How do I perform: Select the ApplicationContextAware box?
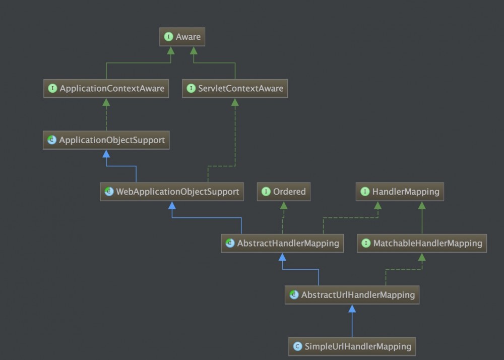tap(106, 89)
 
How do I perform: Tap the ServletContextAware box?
tap(235, 89)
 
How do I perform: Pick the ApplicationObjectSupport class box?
tap(106, 140)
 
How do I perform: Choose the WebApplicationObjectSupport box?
tap(172, 192)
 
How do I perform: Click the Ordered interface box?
tap(283, 192)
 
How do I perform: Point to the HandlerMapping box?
tap(401, 192)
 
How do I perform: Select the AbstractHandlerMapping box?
tap(283, 243)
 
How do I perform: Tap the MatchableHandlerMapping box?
tap(422, 243)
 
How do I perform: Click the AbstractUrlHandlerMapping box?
tap(352, 294)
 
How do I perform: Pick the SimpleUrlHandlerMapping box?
tap(352, 346)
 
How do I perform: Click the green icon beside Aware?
tap(169, 37)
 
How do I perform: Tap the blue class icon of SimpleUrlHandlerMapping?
tap(297, 346)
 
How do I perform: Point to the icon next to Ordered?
tap(266, 192)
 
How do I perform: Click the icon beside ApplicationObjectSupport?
tap(52, 140)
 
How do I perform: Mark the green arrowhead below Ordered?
tap(283, 205)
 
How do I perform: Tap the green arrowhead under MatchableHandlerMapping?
tap(422, 257)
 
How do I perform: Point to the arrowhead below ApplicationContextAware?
tap(106, 102)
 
